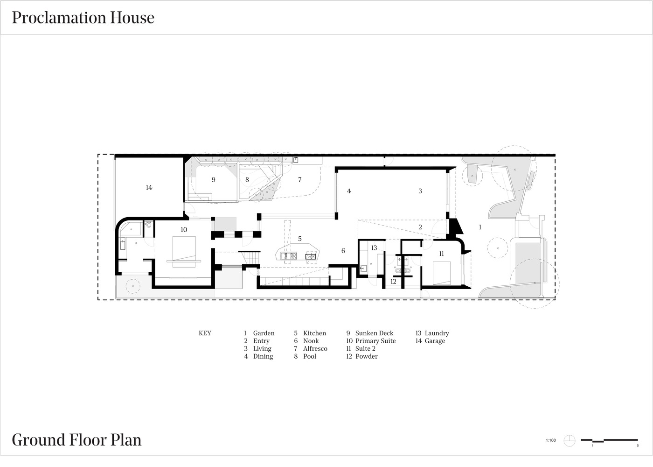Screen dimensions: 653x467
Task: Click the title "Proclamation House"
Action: coord(83,18)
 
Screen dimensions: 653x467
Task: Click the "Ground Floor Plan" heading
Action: coord(76,440)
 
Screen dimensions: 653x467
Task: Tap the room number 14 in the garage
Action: coord(149,187)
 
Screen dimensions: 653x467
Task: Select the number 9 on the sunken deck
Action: coord(214,179)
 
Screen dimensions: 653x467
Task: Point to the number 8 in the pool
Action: coord(247,179)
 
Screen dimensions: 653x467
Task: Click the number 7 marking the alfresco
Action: coord(299,179)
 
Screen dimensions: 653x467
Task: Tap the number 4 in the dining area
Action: coord(349,191)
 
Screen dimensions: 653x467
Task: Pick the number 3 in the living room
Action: coord(420,191)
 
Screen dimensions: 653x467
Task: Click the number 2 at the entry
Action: coord(420,227)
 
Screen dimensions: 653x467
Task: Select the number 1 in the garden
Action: coord(480,227)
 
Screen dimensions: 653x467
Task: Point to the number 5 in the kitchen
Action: coord(299,239)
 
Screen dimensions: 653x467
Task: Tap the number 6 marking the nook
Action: coord(343,250)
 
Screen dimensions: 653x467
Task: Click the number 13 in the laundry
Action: coord(374,248)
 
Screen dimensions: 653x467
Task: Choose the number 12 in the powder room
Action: coord(393,281)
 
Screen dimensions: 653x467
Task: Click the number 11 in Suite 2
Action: coord(441,254)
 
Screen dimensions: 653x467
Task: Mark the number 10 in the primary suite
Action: coord(184,230)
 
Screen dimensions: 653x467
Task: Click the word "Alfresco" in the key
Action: coord(315,348)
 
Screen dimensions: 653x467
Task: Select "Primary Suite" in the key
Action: coord(375,341)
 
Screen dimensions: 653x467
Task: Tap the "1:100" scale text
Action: coord(551,440)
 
